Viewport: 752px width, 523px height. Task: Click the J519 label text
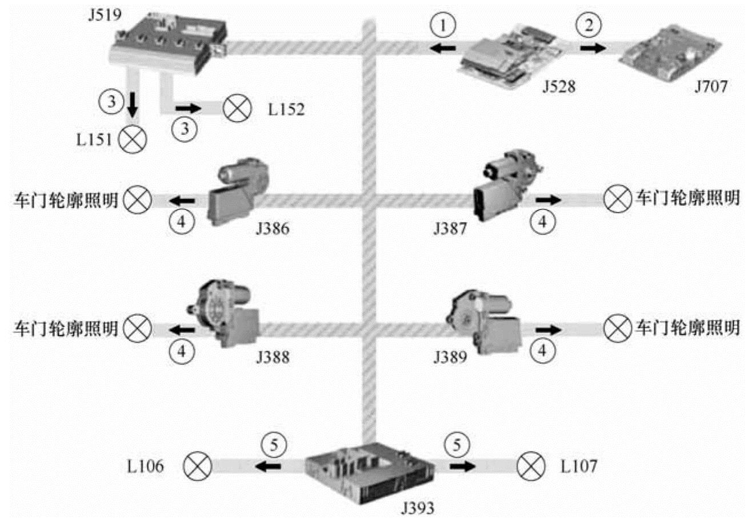105,15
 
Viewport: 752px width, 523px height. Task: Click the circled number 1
443,25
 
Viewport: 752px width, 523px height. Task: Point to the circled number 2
589,25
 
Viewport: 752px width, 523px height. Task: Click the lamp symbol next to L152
237,109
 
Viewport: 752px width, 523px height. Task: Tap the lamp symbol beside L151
133,139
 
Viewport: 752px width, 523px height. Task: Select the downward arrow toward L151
133,105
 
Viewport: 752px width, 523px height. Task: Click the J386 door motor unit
238,192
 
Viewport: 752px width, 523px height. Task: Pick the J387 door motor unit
507,185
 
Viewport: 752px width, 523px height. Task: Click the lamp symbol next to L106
197,466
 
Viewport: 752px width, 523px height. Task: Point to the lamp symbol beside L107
531,466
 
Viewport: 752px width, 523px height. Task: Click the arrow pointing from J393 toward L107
463,466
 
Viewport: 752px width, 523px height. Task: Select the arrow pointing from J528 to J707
593,48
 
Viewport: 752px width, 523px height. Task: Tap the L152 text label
286,109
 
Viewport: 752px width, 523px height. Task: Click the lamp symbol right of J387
617,199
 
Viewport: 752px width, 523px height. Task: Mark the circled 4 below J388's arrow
182,351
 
